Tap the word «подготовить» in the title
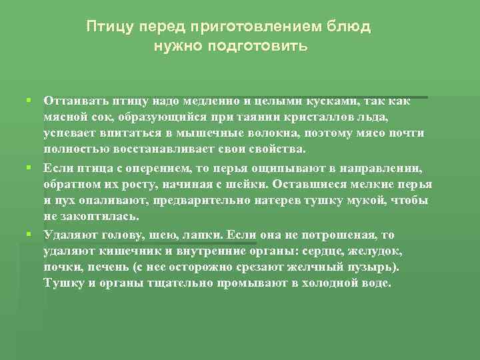[x=267, y=47]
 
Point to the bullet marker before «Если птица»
[x=29, y=167]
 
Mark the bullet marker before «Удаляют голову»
[x=29, y=234]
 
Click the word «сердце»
[x=324, y=251]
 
